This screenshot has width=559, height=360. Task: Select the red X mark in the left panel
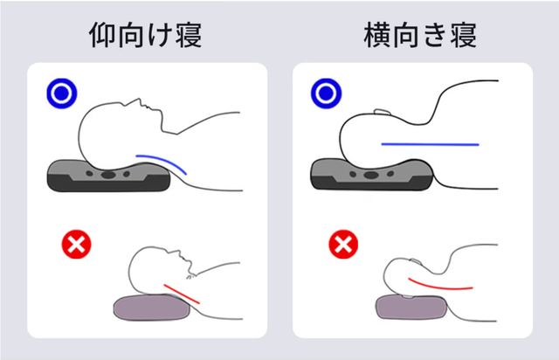[76, 246]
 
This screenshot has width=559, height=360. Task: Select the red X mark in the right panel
[341, 246]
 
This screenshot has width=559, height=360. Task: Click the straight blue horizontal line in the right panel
[430, 142]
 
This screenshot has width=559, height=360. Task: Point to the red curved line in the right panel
[441, 285]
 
